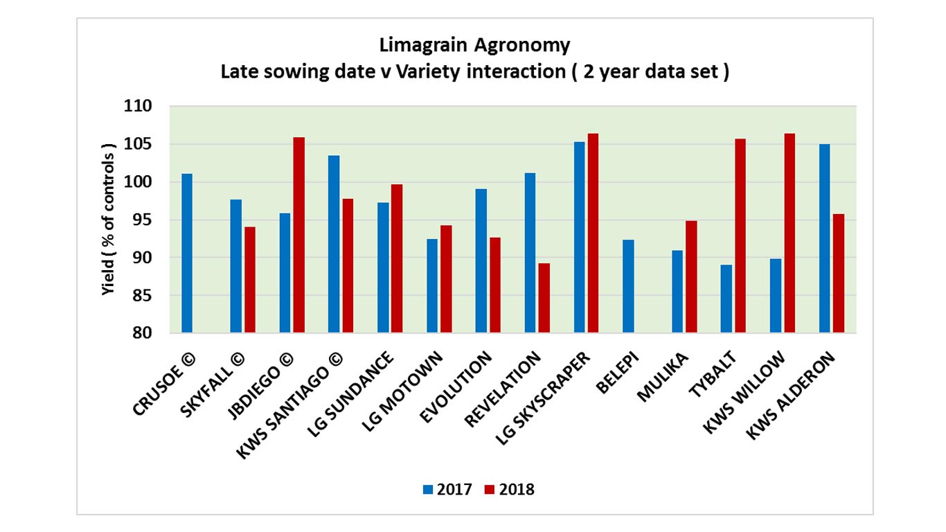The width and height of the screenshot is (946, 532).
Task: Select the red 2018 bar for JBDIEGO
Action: tap(298, 236)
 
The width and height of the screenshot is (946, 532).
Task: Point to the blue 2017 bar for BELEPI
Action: tap(628, 286)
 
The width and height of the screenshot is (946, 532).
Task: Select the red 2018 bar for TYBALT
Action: tap(740, 236)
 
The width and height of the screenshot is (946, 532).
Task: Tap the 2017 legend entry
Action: tap(447, 490)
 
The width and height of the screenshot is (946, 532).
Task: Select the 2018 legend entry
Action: tap(510, 490)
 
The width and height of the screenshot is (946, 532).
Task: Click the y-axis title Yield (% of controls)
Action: tap(107, 220)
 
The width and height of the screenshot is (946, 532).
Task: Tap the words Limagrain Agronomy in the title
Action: tap(474, 46)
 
